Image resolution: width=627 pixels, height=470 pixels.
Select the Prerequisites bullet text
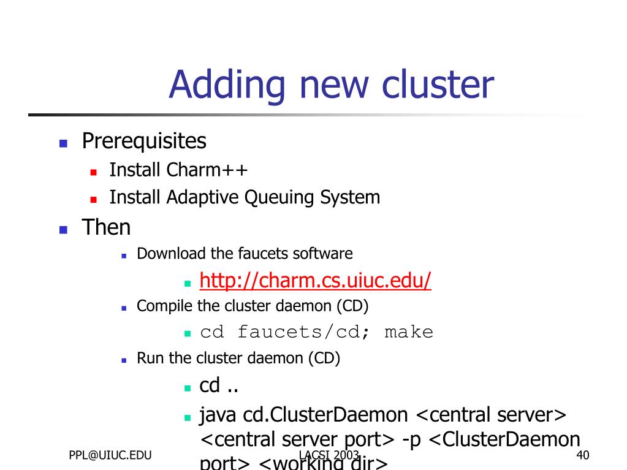coord(144,142)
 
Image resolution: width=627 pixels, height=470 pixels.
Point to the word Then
coord(106,228)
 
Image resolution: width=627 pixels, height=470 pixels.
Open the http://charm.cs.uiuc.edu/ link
coord(316,281)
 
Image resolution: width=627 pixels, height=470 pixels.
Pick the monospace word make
coord(409,333)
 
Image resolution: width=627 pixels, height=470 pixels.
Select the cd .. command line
coord(219,386)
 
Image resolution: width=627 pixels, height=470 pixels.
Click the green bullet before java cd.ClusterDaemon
coord(188,417)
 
